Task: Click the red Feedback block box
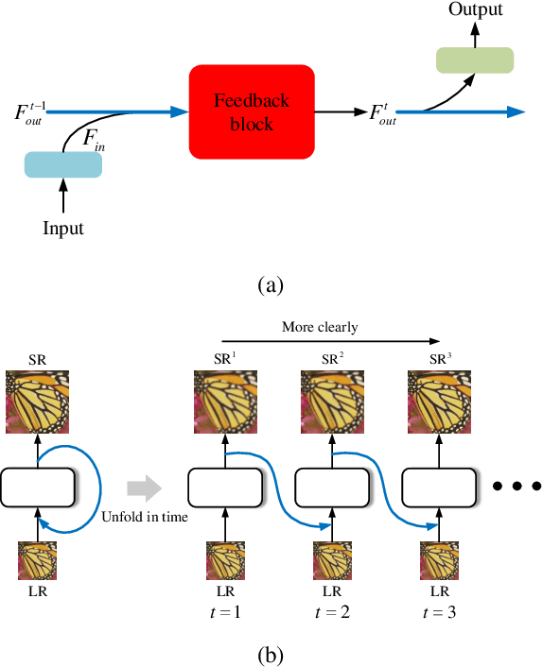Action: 252,111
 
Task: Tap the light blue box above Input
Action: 63,164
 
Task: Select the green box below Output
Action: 474,60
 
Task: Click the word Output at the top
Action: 475,10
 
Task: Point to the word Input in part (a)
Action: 63,229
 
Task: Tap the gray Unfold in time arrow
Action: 144,488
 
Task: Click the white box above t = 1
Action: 225,488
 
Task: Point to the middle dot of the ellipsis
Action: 516,488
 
